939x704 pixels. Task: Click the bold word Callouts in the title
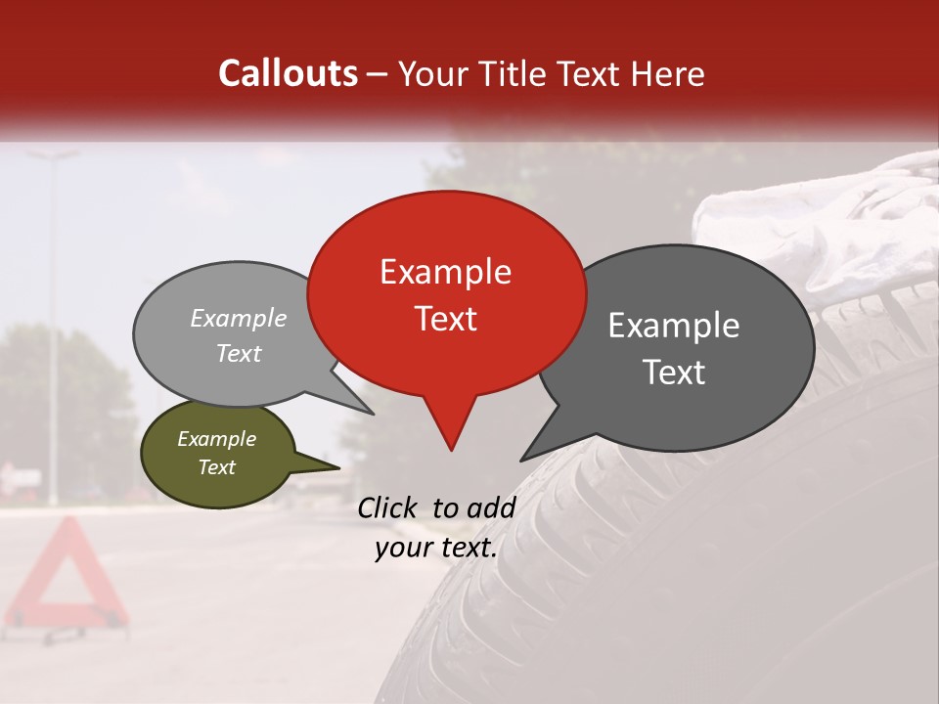[x=288, y=73]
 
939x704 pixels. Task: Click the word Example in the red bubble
[x=445, y=272]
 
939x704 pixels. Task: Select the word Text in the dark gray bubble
[x=674, y=373]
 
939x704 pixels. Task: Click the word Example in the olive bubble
[x=216, y=439]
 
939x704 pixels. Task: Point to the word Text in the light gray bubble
[x=239, y=353]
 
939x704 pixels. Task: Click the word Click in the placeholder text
[x=386, y=507]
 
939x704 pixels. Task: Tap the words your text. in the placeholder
[x=436, y=548]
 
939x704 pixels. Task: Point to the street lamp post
[x=54, y=323]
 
